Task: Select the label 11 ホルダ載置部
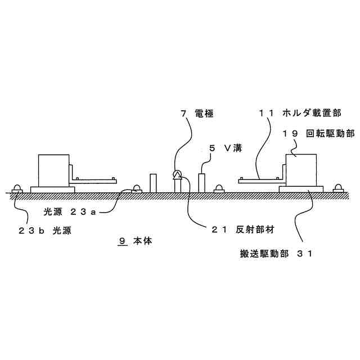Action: click(x=291, y=114)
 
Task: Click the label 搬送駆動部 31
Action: click(x=275, y=254)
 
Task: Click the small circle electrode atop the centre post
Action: click(x=178, y=174)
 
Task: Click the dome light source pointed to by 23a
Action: click(x=136, y=188)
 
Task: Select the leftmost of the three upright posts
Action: click(x=153, y=183)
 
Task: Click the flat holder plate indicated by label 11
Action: click(x=259, y=181)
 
